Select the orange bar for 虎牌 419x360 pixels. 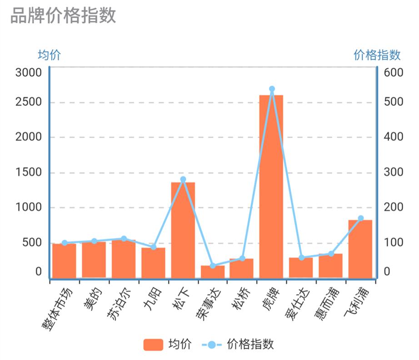tap(271, 186)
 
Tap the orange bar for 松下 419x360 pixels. tap(183, 229)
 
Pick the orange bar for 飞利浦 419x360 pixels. tap(360, 248)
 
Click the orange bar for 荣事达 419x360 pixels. tap(213, 271)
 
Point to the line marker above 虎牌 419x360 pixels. tap(272, 89)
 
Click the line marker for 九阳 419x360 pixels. tap(153, 247)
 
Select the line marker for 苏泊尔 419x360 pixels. tap(124, 239)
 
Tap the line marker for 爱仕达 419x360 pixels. tap(301, 258)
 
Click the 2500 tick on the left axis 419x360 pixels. tap(29, 102)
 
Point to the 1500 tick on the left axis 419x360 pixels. tap(29, 173)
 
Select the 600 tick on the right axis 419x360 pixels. tap(394, 73)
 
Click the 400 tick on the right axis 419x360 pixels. tap(394, 137)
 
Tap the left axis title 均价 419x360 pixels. tap(49, 55)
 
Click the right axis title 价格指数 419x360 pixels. tap(377, 55)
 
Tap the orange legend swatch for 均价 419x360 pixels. tap(153, 345)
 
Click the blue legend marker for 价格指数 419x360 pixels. tap(211, 345)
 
